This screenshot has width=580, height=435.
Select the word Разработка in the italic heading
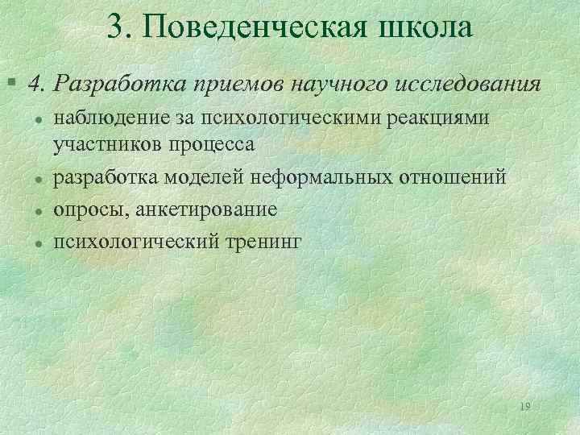pyautogui.click(x=114, y=84)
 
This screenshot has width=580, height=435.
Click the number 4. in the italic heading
pyautogui.click(x=39, y=84)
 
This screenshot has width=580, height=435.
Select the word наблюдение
pyautogui.click(x=111, y=119)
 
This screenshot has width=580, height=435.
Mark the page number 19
pyautogui.click(x=525, y=407)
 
